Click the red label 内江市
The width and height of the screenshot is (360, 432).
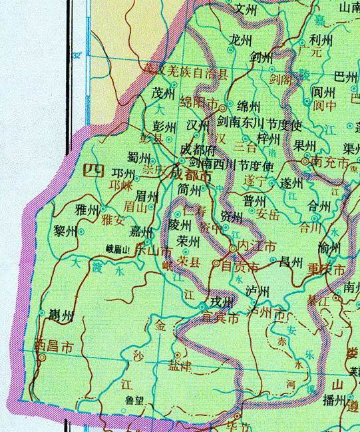click(x=256, y=246)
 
